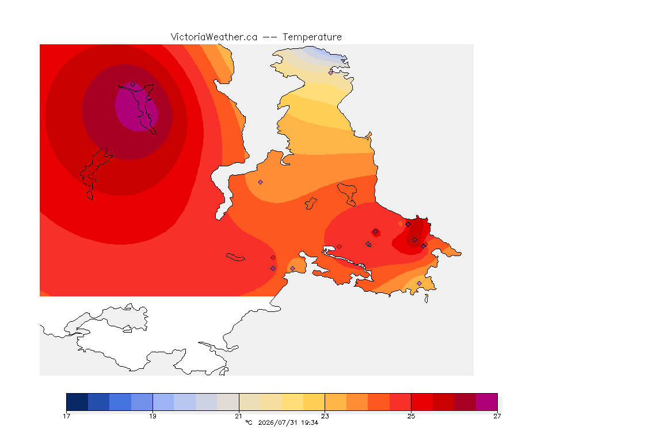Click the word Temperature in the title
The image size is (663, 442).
312,37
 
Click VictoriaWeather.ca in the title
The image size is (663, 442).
214,37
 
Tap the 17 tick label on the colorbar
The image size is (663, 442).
66,416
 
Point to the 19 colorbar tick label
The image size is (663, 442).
153,416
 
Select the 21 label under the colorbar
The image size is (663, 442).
239,416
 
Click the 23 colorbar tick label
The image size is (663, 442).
325,416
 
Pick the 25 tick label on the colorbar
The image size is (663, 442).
411,416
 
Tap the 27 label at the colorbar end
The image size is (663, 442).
497,416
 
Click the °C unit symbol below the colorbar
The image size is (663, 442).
249,422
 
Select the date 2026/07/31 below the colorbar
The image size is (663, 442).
277,422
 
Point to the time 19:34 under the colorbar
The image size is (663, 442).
310,422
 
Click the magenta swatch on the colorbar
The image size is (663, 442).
487,402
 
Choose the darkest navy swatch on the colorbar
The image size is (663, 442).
77,402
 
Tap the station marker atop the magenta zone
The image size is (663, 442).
133,85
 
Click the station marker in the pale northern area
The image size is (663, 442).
331,73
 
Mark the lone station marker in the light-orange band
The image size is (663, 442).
261,182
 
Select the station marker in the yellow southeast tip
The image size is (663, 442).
419,283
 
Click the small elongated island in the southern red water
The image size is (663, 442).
235,257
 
